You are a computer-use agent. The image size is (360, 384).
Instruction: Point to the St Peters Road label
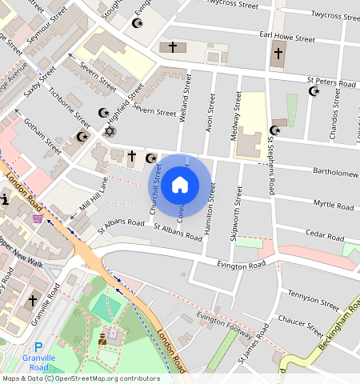click(x=332, y=82)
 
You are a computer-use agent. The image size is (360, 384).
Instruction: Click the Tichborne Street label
click(x=70, y=106)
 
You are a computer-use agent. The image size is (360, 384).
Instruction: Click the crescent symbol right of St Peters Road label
click(x=314, y=91)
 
